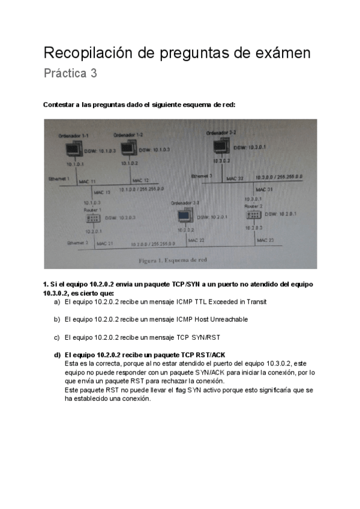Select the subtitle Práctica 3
click(70, 74)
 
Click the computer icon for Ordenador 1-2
click(129, 148)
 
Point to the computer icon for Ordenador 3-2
click(220, 146)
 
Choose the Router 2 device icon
click(253, 214)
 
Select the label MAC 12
click(140, 180)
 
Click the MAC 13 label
click(103, 192)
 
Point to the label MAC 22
click(196, 240)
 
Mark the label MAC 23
click(265, 240)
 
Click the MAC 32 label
click(235, 178)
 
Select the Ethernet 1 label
click(59, 179)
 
